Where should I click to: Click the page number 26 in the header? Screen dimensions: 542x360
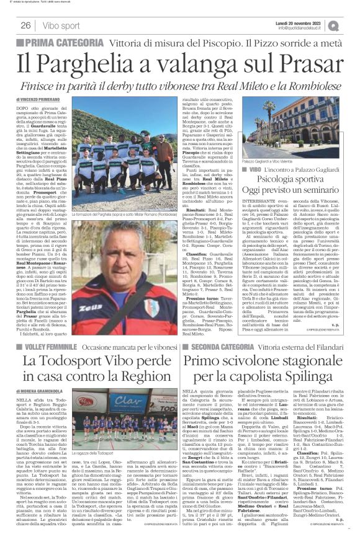click(x=26, y=25)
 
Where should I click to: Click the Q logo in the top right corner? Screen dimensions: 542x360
click(x=351, y=25)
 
